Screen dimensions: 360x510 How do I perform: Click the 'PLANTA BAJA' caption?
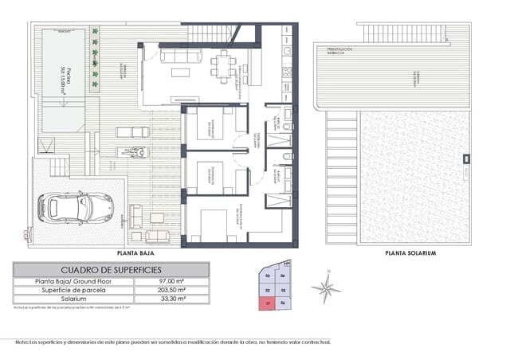tap(135, 252)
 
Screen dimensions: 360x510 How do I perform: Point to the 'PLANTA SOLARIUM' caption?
tap(410, 252)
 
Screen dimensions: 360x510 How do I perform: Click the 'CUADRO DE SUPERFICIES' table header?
tap(112, 270)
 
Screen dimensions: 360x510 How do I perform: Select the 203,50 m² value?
tap(171, 291)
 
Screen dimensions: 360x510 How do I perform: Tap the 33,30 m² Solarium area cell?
tap(171, 299)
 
